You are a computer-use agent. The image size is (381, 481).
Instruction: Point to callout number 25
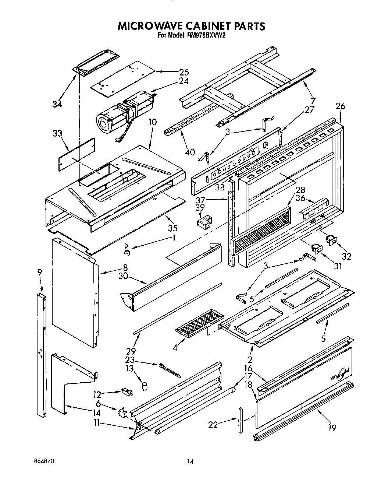(x=173, y=72)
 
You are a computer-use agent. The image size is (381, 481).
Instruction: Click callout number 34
(x=57, y=104)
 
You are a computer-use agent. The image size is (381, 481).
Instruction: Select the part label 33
(x=58, y=134)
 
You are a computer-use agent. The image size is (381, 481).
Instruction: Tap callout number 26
(x=340, y=107)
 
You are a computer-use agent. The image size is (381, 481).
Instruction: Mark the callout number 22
(x=213, y=425)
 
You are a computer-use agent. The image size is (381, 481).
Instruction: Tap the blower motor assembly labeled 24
(x=125, y=110)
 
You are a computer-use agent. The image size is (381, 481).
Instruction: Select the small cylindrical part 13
(x=145, y=386)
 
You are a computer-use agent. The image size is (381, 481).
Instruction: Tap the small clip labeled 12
(x=126, y=392)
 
